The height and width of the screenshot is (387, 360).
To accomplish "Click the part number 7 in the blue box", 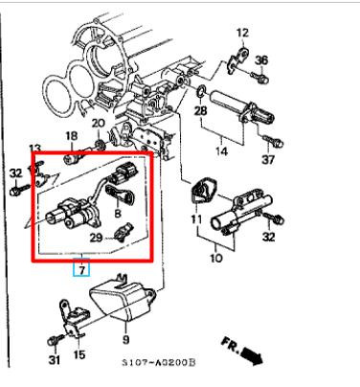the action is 82,270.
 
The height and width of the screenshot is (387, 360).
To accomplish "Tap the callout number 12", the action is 242,33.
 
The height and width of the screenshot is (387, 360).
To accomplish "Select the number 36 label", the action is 261,60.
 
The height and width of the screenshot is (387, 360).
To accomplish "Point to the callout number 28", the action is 201,111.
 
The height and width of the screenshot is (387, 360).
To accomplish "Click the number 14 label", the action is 221,150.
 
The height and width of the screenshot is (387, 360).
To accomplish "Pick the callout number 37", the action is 268,159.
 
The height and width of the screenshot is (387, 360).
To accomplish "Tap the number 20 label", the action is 99,123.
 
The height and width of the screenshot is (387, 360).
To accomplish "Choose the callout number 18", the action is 72,136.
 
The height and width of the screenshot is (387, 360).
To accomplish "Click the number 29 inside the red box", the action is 96,238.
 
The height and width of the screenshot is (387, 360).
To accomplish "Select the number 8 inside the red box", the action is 118,213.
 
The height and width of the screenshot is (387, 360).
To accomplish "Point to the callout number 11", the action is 196,219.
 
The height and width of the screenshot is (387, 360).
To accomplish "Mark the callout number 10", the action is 216,258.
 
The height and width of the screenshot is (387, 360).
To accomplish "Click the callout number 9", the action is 126,339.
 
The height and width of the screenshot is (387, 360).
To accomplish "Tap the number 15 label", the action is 79,354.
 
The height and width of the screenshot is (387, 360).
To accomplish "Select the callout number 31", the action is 55,360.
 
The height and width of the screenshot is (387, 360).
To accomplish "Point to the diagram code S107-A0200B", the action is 159,363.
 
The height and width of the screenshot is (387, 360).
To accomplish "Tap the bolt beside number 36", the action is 259,77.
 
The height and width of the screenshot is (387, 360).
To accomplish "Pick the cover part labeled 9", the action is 123,299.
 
